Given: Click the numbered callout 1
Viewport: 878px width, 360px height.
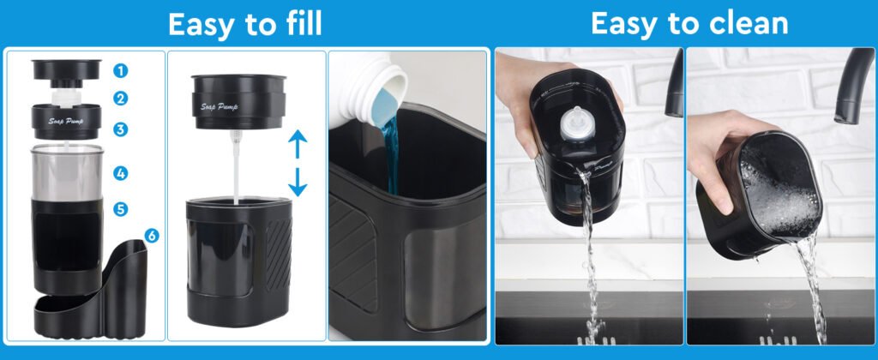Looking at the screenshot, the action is tap(120, 70).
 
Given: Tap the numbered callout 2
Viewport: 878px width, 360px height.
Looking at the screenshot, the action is tap(120, 99).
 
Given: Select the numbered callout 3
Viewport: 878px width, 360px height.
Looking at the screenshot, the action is tap(120, 129).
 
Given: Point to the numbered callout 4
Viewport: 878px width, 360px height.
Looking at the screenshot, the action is tap(120, 173).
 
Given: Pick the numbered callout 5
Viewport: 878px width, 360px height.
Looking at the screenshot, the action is tap(120, 209).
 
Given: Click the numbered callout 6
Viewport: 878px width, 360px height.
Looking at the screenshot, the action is tap(151, 236).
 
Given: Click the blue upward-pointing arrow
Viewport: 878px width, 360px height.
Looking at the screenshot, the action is tap(298, 145).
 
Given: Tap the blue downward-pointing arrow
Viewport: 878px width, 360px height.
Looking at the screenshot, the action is tap(298, 182).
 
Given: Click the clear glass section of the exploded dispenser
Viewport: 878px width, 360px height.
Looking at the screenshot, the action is tap(67, 173).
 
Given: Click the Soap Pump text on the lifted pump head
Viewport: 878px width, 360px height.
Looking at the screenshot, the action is tap(219, 106).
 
